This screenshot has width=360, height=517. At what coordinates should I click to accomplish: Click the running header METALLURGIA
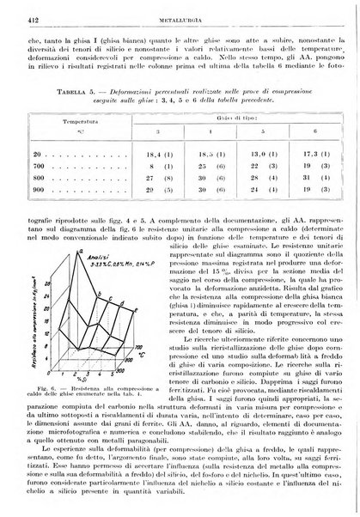tap(179, 14)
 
